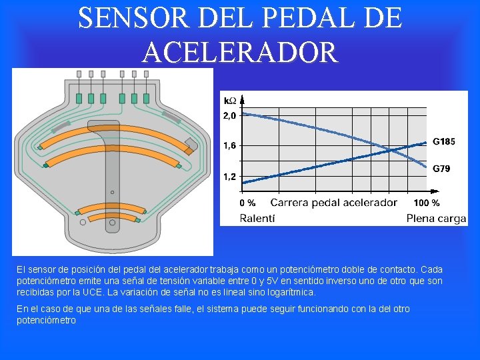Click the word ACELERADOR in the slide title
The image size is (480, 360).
pos(240,51)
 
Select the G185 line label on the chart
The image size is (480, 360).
pos(444,141)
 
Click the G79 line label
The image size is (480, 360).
pos(441,169)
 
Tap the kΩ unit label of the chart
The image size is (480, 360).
pos(229,101)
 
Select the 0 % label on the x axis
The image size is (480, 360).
pos(247,203)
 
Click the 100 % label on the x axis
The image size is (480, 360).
pos(427,203)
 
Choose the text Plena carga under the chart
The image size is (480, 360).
pos(437,218)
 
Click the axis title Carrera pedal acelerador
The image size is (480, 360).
pos(333,203)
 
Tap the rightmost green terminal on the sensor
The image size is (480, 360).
pos(146,98)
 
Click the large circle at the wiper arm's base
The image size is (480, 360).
pos(113,223)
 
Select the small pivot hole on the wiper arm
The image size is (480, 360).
pos(113,192)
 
